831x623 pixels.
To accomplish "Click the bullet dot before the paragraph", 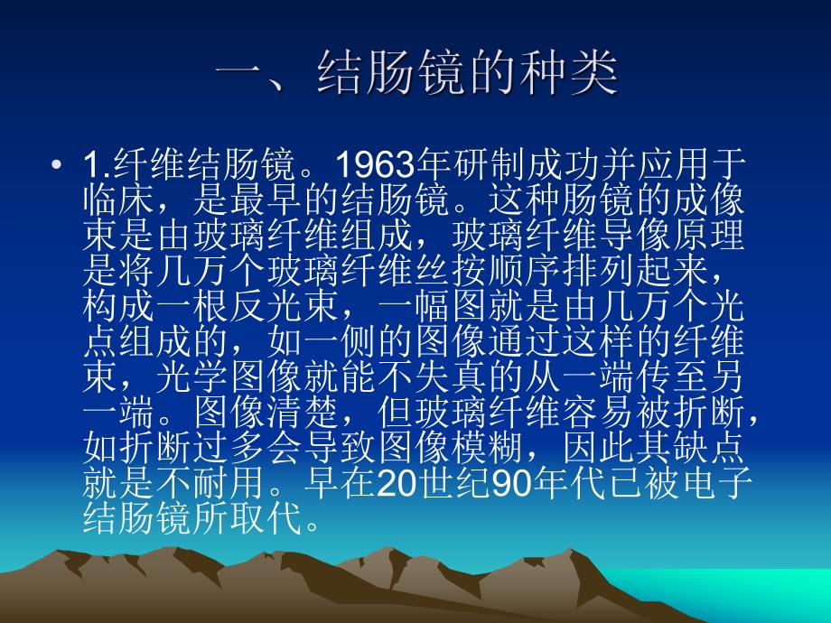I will click(x=59, y=165).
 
